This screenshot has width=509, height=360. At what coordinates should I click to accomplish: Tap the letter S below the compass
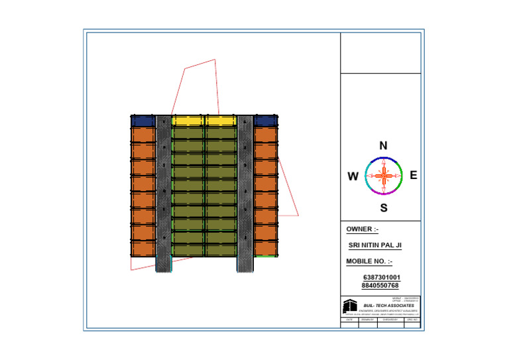[384, 208]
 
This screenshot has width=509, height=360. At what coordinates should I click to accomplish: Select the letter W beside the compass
[353, 177]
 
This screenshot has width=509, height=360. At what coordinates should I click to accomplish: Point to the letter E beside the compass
[414, 176]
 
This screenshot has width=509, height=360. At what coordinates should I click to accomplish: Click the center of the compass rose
[384, 176]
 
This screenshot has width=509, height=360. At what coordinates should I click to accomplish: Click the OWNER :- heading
[363, 229]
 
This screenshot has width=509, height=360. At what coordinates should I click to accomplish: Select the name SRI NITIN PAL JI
[375, 245]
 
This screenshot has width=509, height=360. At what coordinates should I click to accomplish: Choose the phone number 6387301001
[381, 277]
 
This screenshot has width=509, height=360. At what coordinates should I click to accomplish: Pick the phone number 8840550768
[380, 285]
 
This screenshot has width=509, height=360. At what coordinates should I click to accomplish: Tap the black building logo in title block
[349, 306]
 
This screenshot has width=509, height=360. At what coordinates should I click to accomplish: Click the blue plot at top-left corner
[142, 121]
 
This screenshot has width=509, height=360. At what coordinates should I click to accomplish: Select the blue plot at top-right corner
[265, 121]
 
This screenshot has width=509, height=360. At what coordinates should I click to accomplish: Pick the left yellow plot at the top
[188, 121]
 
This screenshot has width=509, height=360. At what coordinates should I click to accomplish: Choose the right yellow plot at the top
[221, 121]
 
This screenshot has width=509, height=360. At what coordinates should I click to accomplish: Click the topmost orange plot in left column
[142, 135]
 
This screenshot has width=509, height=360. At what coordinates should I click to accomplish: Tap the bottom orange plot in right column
[265, 248]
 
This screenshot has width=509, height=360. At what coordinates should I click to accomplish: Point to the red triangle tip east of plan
[298, 215]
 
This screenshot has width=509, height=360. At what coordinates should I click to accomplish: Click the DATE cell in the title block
[349, 320]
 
